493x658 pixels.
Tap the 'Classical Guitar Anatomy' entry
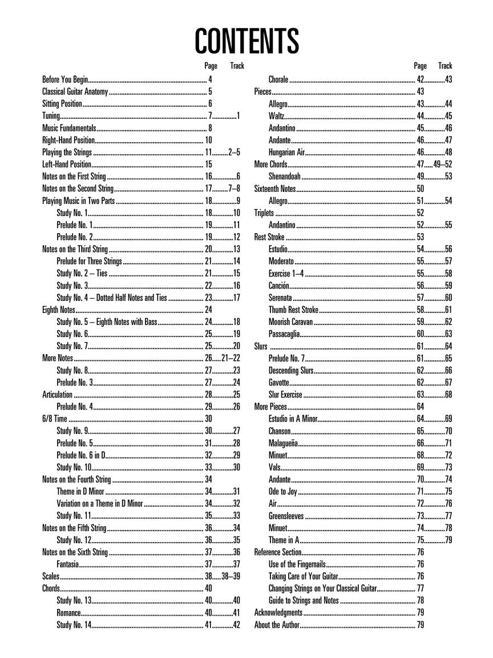(x=75, y=92)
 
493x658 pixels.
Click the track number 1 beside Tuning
(x=238, y=116)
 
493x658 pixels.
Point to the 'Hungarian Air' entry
(x=287, y=152)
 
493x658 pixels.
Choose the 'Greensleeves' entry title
(x=286, y=516)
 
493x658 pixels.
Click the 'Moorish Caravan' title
(x=290, y=322)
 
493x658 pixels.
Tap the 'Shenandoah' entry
(x=285, y=176)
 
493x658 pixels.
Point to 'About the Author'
(x=276, y=625)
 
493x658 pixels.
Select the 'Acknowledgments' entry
(x=278, y=613)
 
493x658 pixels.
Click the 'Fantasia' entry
(x=68, y=564)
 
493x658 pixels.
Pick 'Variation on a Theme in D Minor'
(x=99, y=504)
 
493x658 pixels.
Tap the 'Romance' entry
(x=68, y=613)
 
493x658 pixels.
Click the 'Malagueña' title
(x=282, y=443)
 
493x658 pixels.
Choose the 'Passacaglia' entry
(x=283, y=334)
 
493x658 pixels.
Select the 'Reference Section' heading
(x=277, y=552)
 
